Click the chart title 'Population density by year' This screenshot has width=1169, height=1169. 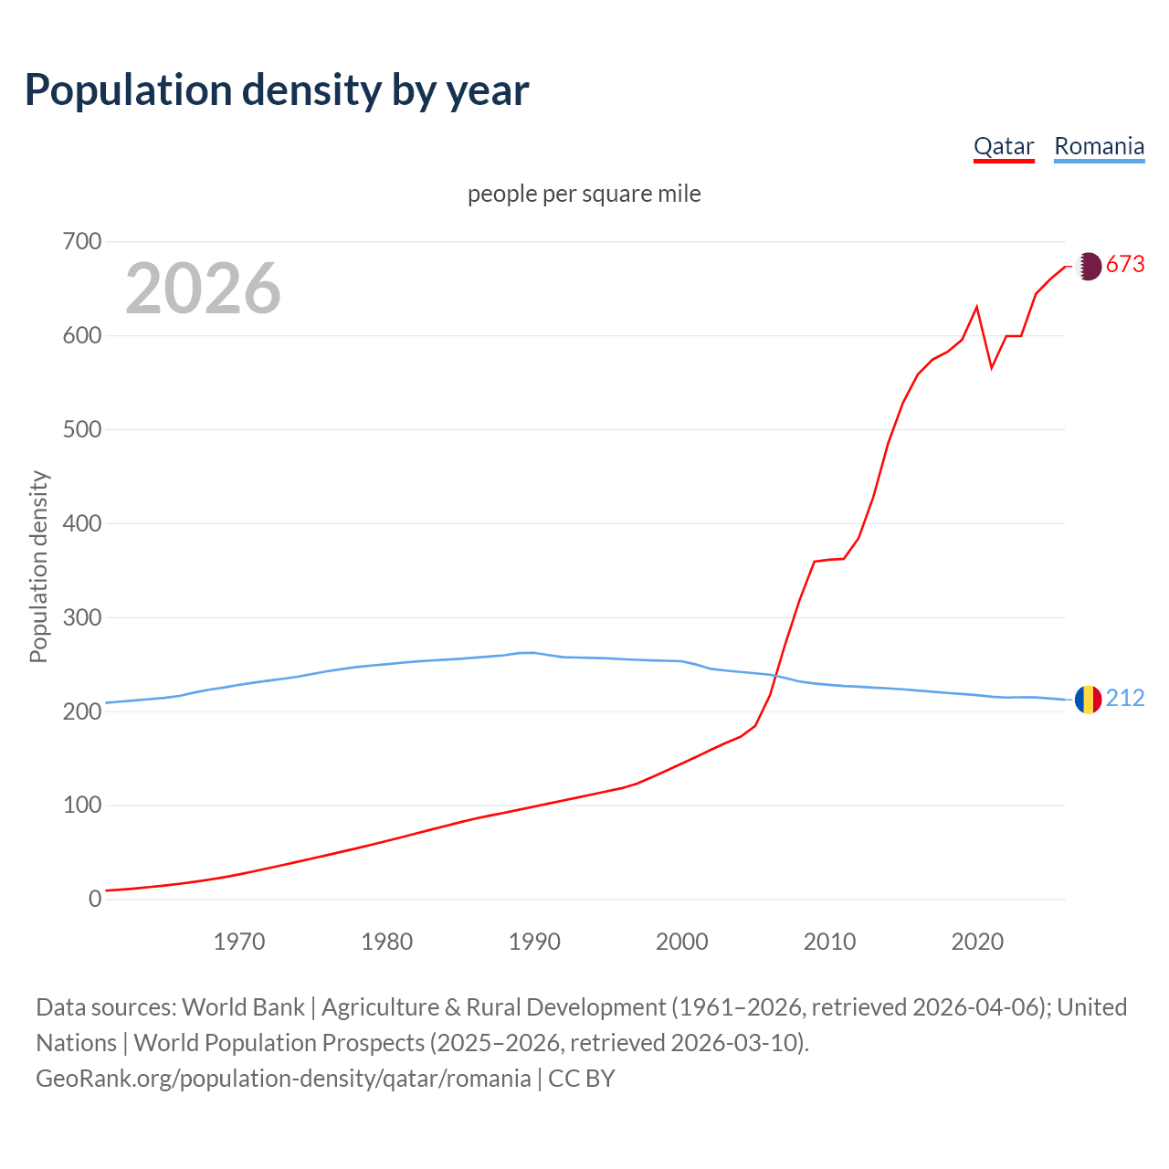point(277,90)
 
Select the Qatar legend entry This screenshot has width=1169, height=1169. point(1004,146)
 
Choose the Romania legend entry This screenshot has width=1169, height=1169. point(1099,146)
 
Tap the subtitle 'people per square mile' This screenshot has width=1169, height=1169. point(584,194)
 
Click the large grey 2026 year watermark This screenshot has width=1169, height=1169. point(203,289)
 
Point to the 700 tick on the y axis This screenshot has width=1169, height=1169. point(82,242)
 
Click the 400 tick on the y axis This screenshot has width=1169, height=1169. point(82,524)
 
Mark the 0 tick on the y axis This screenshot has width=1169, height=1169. point(95,900)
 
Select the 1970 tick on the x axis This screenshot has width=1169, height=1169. point(239,942)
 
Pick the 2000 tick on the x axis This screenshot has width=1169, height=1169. point(682,942)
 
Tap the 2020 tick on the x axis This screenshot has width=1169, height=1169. point(977,942)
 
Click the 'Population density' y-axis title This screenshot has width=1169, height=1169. point(38,566)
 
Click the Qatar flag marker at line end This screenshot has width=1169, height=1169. point(1088,266)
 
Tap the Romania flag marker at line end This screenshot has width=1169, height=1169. point(1088,700)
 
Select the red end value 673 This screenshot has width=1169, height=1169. point(1125,265)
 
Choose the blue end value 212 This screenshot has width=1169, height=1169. point(1125,699)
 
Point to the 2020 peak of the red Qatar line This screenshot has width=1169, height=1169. point(977,307)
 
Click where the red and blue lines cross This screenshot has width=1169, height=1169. point(774,676)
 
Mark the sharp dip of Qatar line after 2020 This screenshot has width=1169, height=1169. point(992,368)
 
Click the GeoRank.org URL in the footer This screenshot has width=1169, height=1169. point(283,1079)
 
